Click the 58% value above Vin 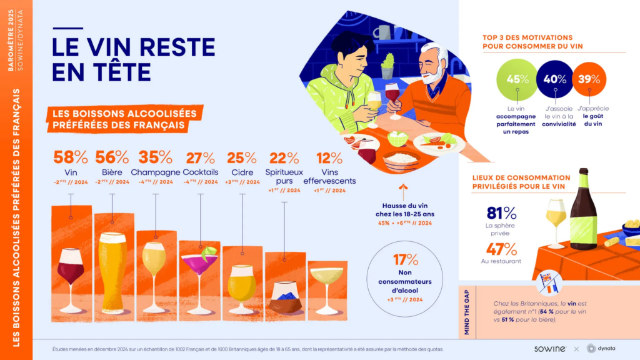pyautogui.click(x=69, y=157)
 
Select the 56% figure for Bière pyautogui.click(x=112, y=157)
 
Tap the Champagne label pyautogui.click(x=156, y=172)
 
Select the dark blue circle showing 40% pyautogui.click(x=554, y=79)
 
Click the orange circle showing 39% pyautogui.click(x=588, y=79)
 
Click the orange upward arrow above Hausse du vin pyautogui.click(x=403, y=187)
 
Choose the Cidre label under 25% pyautogui.click(x=242, y=172)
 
